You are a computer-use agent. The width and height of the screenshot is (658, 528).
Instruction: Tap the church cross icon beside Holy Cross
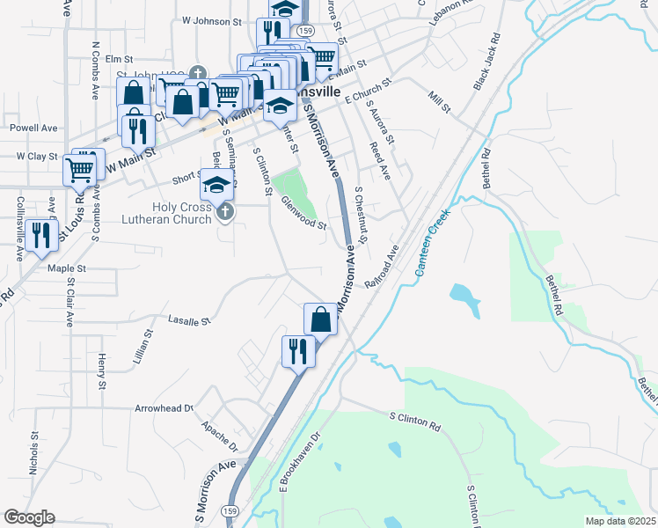226,211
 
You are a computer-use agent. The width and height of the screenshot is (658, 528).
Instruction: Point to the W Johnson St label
211,19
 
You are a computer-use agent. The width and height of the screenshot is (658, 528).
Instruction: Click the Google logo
29,517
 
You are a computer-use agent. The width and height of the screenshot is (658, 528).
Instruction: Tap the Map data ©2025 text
620,521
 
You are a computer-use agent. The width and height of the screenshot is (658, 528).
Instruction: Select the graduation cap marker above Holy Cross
216,186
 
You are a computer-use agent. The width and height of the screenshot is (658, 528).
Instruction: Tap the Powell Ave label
33,128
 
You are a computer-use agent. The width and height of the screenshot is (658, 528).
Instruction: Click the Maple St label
67,268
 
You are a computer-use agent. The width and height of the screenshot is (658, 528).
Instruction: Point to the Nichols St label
34,453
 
